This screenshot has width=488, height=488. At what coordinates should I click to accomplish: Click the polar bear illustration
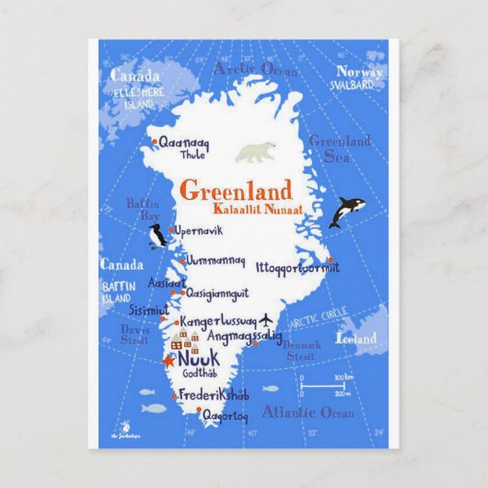pos(255,152)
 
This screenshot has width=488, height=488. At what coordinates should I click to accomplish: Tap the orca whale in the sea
pos(346,211)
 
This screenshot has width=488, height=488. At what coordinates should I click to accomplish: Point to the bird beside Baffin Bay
pos(157,236)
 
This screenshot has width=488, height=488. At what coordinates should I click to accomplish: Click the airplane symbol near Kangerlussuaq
pos(267,320)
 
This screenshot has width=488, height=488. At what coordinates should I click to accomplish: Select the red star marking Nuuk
pos(168,361)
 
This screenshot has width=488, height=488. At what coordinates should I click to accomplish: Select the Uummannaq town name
pos(215,261)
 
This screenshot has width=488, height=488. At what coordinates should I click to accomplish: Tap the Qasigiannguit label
pos(217,293)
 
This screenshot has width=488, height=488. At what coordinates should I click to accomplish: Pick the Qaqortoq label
pos(225,415)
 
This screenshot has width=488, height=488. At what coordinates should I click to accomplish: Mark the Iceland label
pos(357,337)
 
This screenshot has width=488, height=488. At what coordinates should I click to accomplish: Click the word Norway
pos(359,72)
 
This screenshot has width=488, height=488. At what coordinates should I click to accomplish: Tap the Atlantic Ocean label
pos(308,412)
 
